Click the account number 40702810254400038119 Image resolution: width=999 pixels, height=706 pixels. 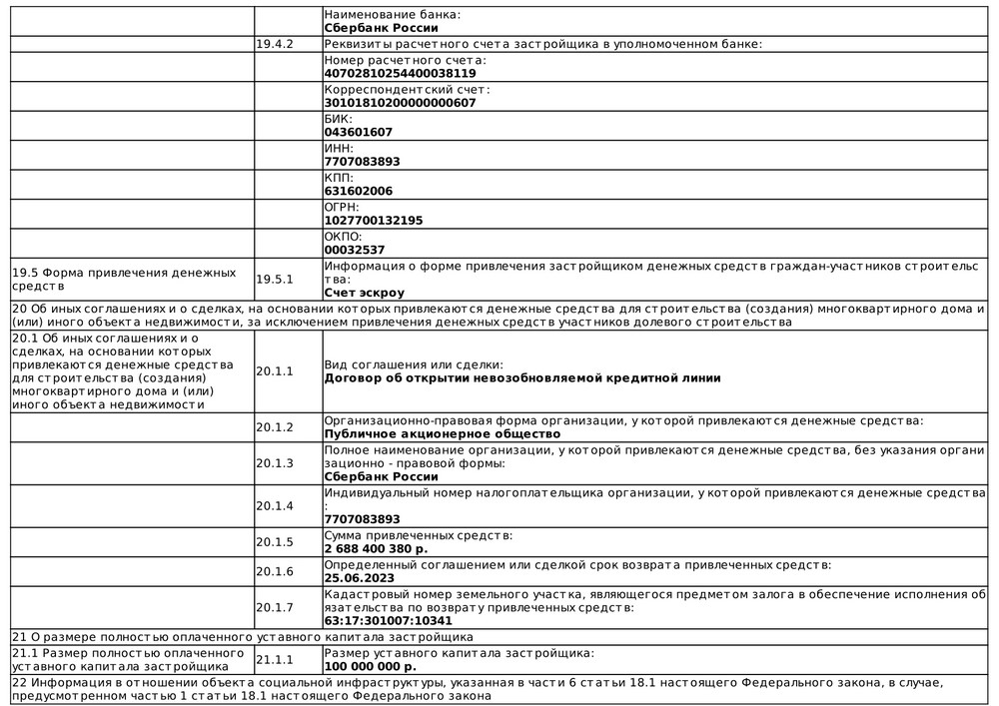tap(400, 73)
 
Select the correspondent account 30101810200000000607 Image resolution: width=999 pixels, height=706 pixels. tap(400, 103)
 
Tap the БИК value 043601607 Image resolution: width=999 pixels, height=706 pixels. tap(359, 132)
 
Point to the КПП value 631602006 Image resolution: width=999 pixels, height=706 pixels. tap(359, 191)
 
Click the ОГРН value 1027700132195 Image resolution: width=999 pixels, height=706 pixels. tap(374, 220)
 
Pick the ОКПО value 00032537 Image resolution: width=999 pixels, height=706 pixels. tap(355, 250)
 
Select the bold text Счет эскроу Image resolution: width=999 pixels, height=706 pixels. tap(365, 293)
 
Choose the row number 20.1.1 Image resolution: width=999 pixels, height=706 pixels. tap(275, 371)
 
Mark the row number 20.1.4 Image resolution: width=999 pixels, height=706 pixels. tap(275, 506)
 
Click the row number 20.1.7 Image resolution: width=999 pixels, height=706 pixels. tap(275, 607)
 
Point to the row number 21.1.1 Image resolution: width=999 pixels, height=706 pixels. tap(275, 659)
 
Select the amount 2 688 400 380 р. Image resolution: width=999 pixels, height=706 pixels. tap(376, 548)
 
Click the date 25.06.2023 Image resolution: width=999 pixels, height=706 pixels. tap(359, 577)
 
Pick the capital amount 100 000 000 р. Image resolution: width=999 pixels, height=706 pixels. tap(371, 666)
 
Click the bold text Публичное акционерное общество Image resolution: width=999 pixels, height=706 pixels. tap(443, 434)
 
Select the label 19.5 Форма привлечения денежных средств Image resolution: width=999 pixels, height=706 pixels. tap(124, 280)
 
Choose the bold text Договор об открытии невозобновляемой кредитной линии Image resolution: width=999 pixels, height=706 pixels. tap(522, 378)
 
